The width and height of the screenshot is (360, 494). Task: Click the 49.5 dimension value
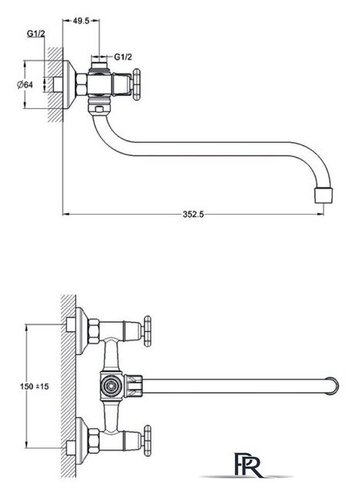(81, 21)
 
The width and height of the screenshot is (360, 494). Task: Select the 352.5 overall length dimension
(193, 215)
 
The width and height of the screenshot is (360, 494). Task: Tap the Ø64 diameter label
(25, 84)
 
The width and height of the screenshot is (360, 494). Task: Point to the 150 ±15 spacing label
(34, 386)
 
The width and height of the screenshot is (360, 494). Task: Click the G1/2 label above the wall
(36, 33)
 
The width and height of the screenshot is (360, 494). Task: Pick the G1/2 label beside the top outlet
(123, 56)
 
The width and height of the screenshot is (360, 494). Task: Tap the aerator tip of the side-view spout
(324, 195)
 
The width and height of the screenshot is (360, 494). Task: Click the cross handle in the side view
(136, 84)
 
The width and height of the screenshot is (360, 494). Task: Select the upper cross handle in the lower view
(148, 331)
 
